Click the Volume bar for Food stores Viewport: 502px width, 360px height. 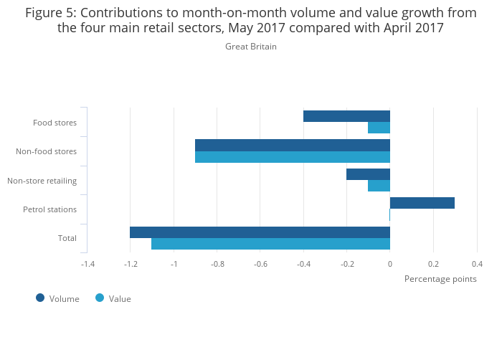point(346,116)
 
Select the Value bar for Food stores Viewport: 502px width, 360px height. point(379,128)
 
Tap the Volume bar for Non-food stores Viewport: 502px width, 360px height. point(293,145)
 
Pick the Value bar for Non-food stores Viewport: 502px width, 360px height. point(293,157)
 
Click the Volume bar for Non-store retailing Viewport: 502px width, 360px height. point(368,174)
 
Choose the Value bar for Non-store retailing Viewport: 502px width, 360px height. point(379,186)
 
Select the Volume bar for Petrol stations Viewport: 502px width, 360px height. point(422,203)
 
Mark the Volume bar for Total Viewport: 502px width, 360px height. point(260,232)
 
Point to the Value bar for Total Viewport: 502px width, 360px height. point(270,244)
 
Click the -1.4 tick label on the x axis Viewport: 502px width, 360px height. point(87,264)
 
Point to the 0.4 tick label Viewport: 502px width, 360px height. point(477,264)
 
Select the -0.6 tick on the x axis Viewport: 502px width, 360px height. point(260,264)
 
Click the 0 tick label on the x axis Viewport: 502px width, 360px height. point(390,264)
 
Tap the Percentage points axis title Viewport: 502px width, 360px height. point(440,279)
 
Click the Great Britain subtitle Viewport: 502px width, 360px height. point(251,47)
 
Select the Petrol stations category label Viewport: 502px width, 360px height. point(49,209)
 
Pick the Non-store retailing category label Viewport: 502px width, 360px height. point(42,181)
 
